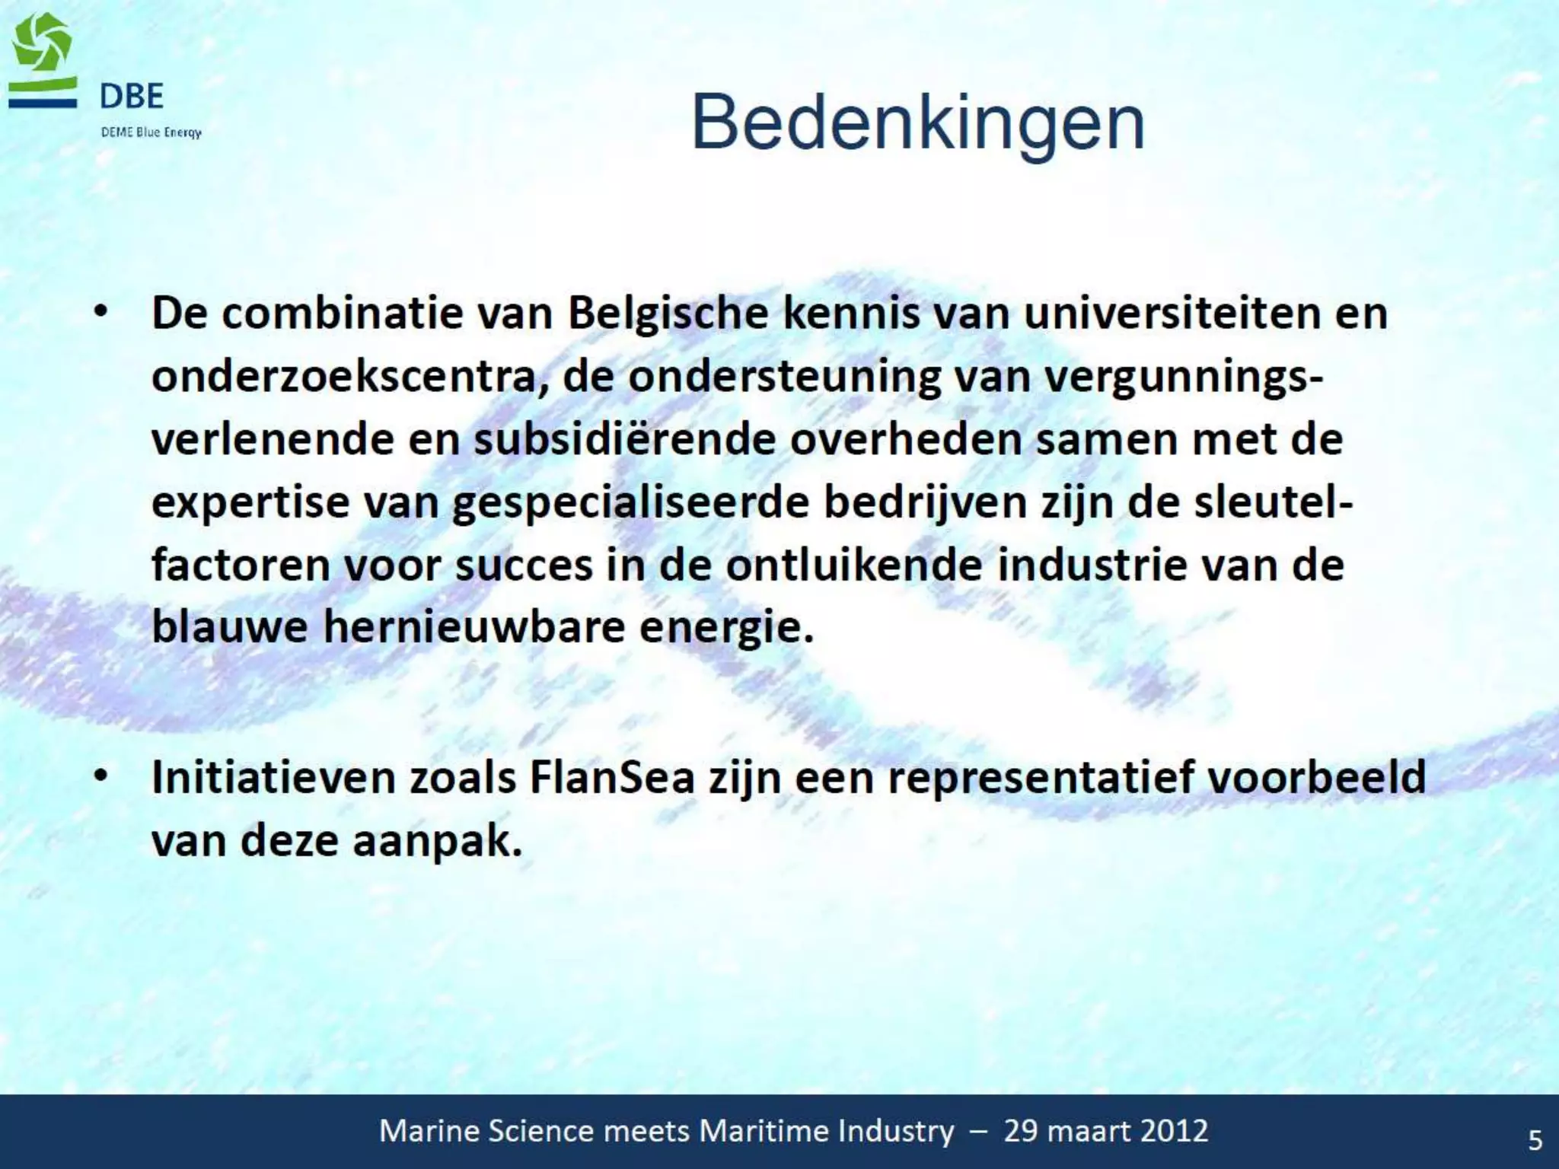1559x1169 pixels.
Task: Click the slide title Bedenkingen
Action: (x=917, y=124)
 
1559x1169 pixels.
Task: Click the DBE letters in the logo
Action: (x=132, y=97)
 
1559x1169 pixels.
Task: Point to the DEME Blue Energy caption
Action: (x=151, y=132)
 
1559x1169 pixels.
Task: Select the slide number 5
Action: (x=1535, y=1139)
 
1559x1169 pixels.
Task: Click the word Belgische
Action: (x=668, y=314)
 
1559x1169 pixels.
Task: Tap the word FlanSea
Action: (x=612, y=778)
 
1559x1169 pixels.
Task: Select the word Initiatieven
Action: (x=274, y=778)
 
